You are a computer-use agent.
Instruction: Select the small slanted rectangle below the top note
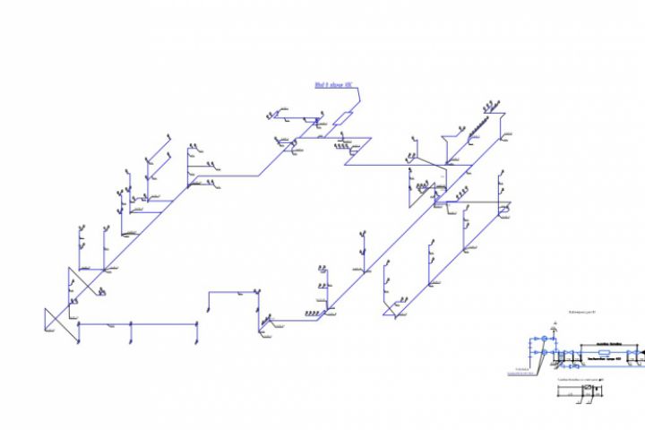345,118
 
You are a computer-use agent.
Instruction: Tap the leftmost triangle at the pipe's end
52,319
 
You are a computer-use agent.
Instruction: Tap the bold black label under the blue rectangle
605,359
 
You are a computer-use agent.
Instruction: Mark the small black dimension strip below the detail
589,388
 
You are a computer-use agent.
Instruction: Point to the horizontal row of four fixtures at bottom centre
313,313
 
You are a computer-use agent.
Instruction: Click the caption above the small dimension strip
582,380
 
